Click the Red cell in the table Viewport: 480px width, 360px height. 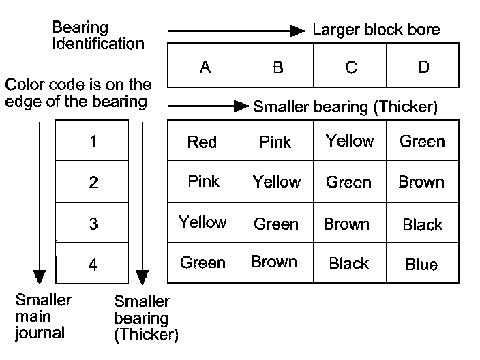202,142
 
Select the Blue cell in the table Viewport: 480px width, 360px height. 421,264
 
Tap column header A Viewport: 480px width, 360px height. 205,67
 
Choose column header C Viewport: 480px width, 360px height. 351,67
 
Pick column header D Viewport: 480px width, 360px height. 424,67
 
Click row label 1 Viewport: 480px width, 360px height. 93,141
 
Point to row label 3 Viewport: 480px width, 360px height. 93,224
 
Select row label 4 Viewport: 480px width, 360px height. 93,265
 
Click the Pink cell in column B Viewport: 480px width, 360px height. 275,142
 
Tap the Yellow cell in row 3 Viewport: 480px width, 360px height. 202,222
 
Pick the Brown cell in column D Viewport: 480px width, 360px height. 421,182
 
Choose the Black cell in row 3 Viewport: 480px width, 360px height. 423,225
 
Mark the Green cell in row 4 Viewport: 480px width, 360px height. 202,262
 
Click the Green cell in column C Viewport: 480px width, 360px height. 348,182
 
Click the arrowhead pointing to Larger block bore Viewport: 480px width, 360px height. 297,31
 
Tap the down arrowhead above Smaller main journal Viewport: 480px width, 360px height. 39,277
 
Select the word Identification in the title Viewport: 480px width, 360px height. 98,44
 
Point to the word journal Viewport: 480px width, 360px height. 40,333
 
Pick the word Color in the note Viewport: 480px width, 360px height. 25,85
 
